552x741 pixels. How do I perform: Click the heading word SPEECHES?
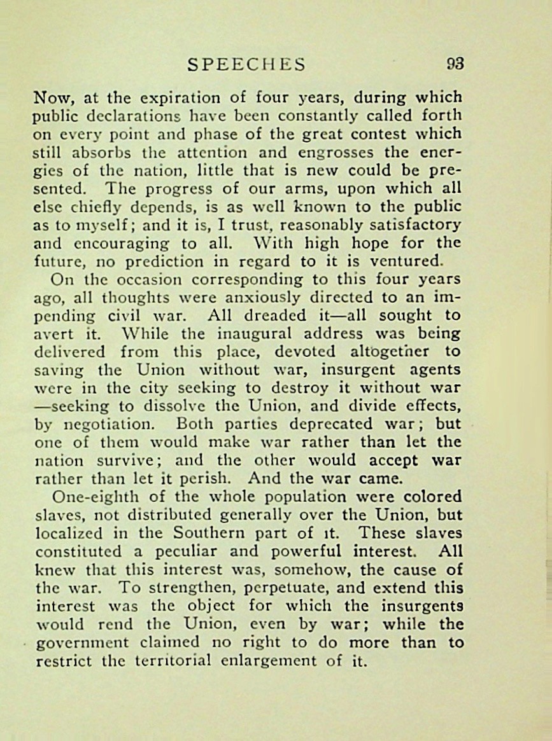pos(247,64)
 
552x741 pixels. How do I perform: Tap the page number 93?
pos(455,64)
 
